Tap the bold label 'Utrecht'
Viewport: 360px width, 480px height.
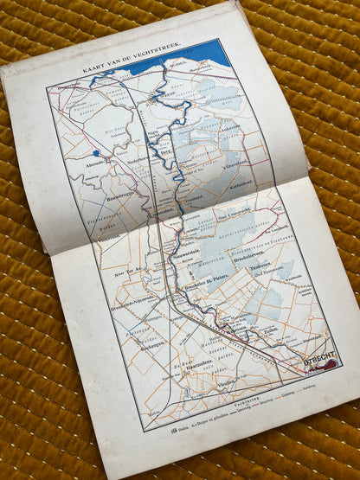[318, 357]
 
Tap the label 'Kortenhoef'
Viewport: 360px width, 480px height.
[245, 184]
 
